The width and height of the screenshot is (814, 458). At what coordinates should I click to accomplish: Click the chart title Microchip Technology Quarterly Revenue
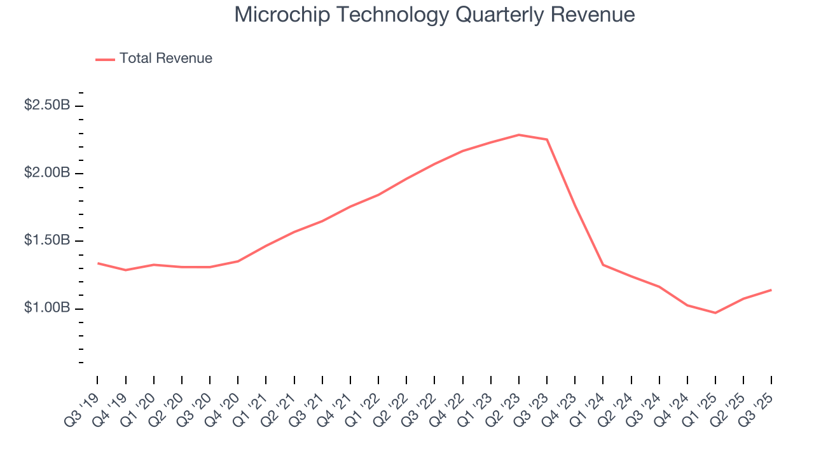click(434, 15)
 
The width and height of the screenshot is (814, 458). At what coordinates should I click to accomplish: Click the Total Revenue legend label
click(165, 59)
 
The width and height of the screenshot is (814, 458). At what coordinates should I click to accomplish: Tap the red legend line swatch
click(105, 59)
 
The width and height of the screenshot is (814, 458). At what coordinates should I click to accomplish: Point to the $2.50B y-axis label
click(47, 106)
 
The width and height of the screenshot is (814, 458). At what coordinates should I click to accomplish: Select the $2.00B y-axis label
click(47, 173)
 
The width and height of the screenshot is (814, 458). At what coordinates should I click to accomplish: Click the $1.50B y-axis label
click(47, 241)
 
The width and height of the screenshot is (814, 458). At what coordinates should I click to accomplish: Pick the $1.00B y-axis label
click(47, 309)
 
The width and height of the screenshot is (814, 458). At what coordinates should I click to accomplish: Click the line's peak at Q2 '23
click(519, 135)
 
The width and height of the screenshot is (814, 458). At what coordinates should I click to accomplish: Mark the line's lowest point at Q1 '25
click(715, 313)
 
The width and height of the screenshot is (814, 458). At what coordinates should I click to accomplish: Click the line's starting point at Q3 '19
click(97, 263)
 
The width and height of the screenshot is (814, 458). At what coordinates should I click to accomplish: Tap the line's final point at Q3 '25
click(771, 290)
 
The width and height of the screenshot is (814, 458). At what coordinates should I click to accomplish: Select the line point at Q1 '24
click(603, 265)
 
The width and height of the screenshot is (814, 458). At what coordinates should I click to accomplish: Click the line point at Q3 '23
click(547, 139)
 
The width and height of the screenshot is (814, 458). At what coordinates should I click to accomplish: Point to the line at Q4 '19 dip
click(125, 270)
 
